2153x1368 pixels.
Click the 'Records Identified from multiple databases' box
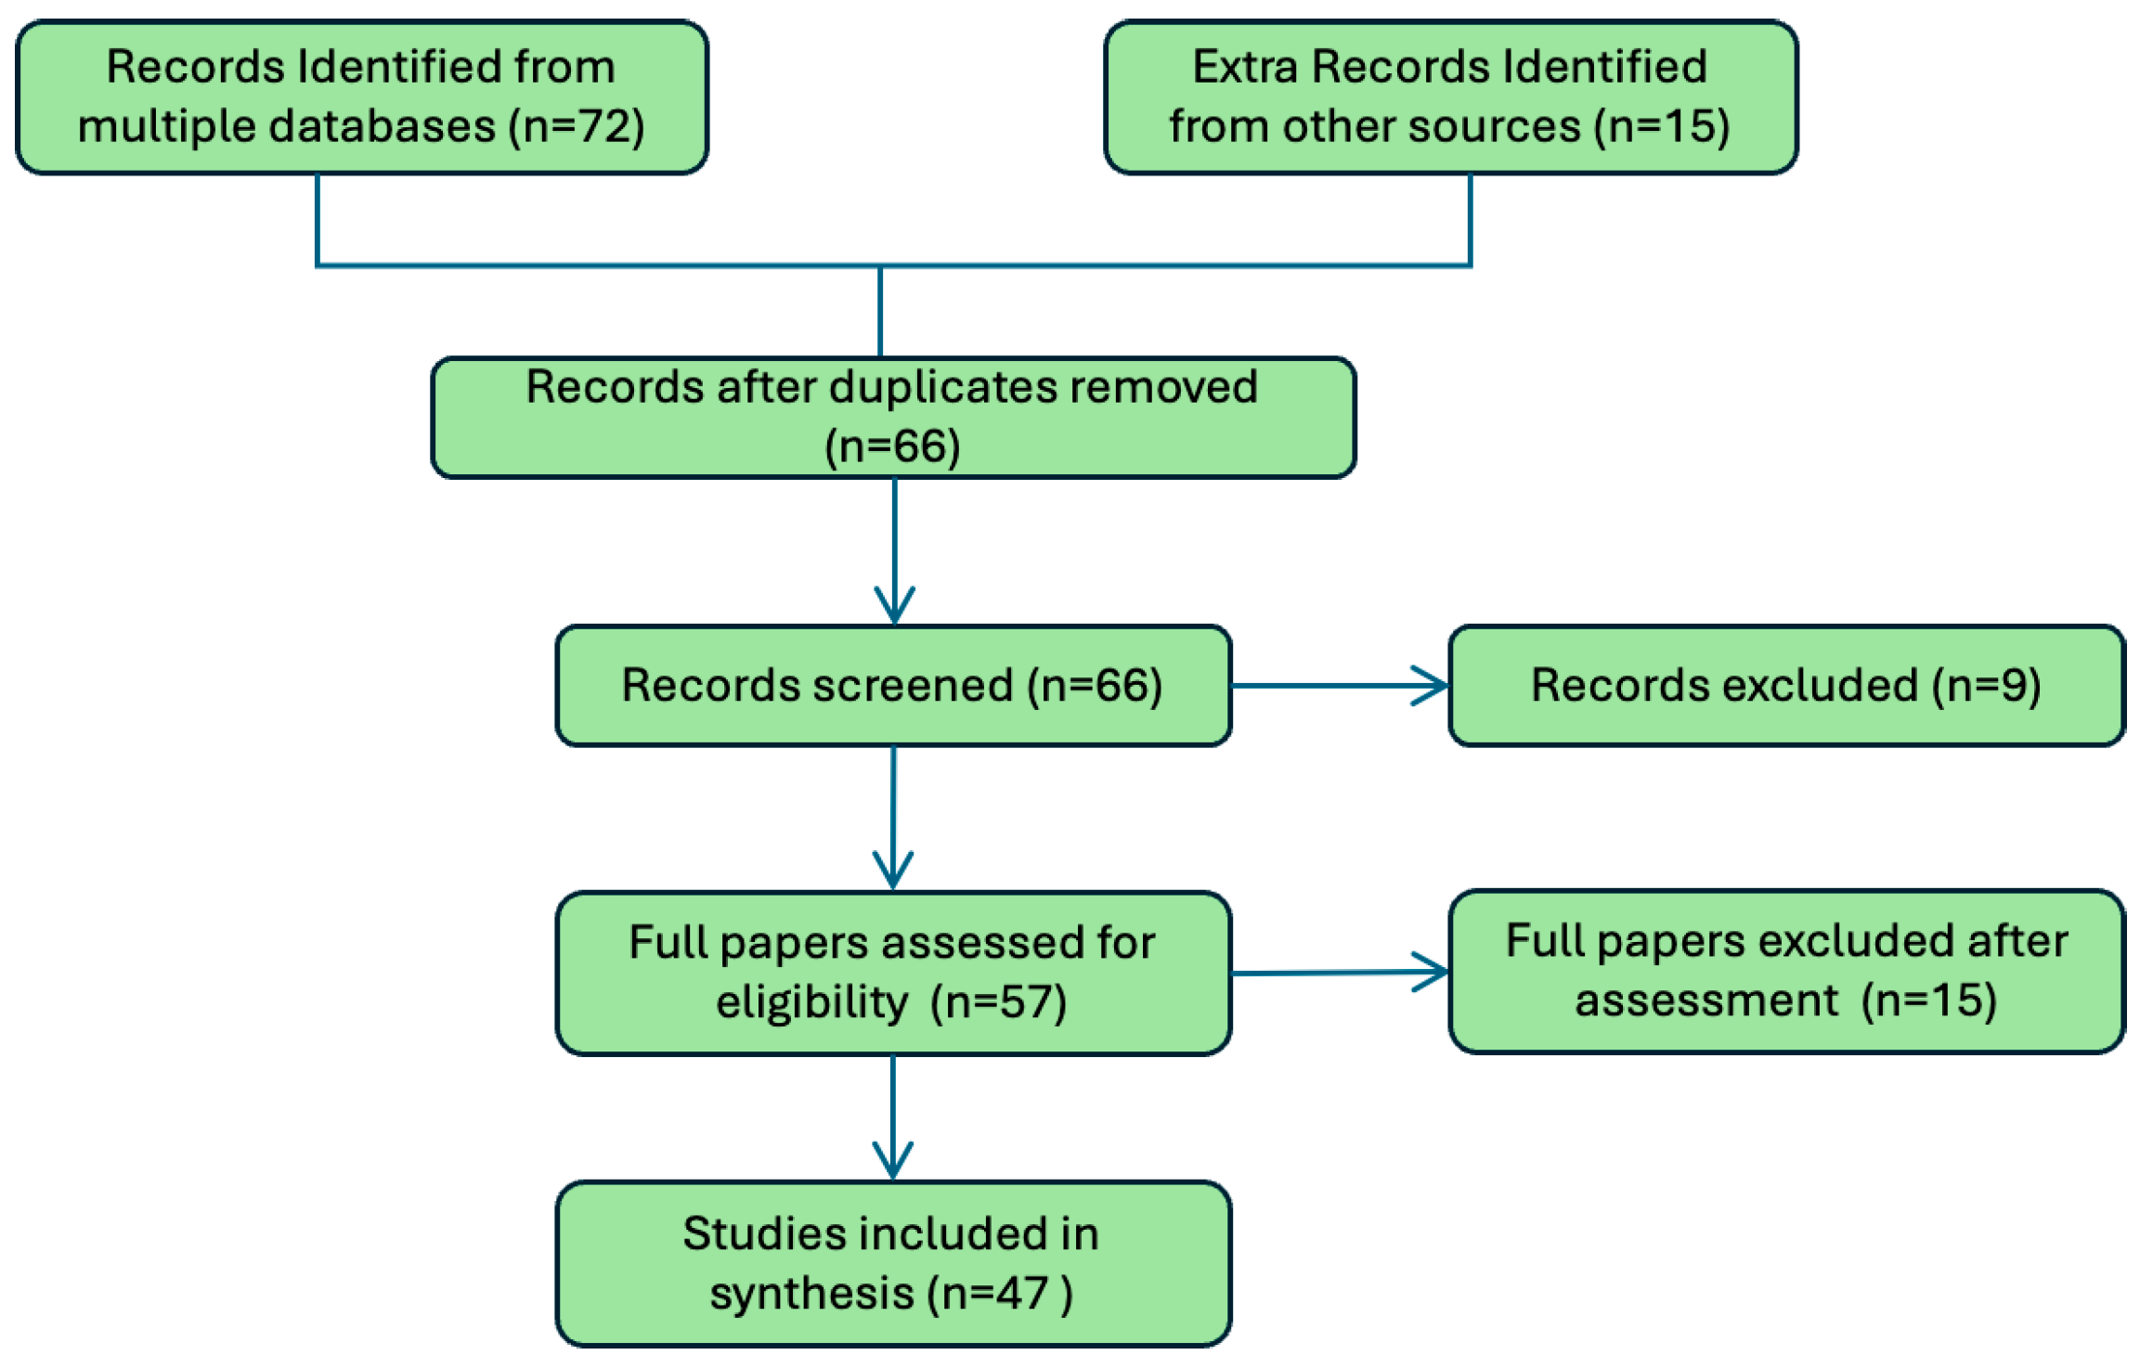point(362,97)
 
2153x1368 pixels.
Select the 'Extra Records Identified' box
point(1451,97)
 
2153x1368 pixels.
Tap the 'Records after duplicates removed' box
point(893,418)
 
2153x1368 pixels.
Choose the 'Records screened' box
point(893,686)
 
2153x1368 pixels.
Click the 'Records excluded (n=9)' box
point(1786,686)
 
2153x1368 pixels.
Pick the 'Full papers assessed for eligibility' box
point(893,973)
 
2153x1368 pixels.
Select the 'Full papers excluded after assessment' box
point(1786,971)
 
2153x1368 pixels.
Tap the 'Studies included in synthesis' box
point(893,1263)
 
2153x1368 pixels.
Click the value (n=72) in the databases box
point(577,126)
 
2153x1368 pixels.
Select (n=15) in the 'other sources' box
point(1662,126)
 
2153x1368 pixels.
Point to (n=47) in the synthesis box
point(1000,1294)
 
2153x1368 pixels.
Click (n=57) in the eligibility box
point(999,1002)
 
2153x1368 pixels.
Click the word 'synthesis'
point(812,1294)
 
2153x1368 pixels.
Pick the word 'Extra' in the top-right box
point(1245,67)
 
